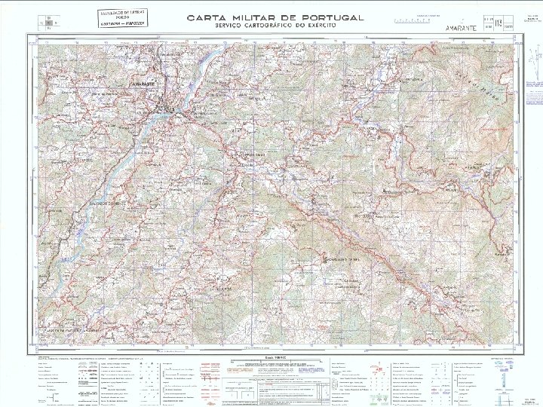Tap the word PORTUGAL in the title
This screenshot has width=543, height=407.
(x=330, y=17)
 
